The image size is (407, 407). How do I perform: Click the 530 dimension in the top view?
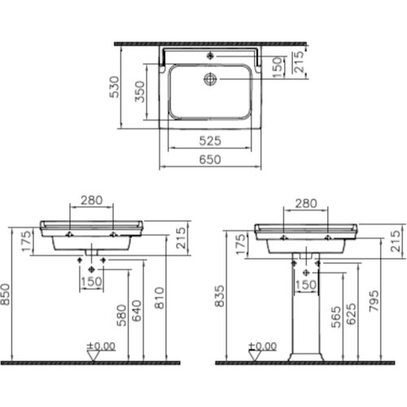click(114, 86)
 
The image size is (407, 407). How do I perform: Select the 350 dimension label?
click(140, 91)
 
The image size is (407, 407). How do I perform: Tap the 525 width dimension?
click(210, 141)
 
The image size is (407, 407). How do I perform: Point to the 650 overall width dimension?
click(210, 160)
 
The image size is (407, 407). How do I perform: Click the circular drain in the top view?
click(211, 79)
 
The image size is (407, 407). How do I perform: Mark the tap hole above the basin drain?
click(210, 56)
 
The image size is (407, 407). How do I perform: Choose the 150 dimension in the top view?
click(278, 68)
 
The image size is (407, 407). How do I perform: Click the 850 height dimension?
click(6, 295)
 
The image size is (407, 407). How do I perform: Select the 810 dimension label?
click(160, 298)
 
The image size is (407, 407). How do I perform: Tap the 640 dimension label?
click(137, 311)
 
